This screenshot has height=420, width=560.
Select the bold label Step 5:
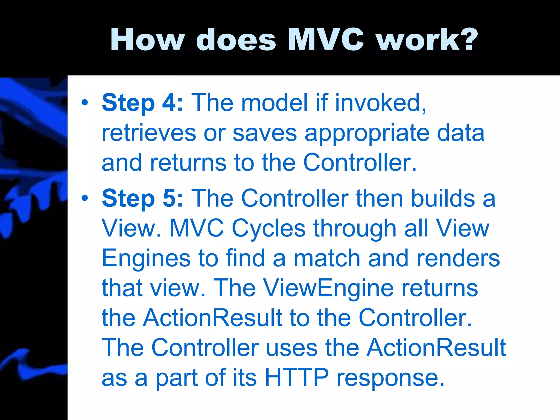pos(142,199)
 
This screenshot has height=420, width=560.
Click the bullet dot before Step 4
pos(85,103)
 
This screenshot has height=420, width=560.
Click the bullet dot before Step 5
pos(85,198)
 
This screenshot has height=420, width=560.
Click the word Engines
pos(146,259)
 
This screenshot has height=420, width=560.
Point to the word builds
pos(443,199)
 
